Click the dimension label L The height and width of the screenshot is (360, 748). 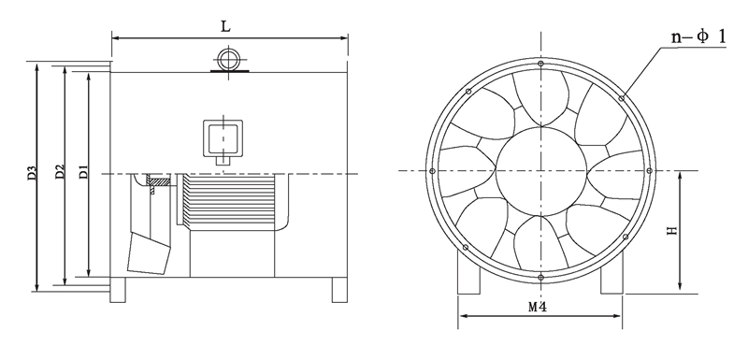coord(225,27)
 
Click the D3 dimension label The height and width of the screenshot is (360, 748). coord(32,173)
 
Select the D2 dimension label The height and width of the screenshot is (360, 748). coord(60,172)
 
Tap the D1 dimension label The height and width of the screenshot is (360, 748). coord(83,171)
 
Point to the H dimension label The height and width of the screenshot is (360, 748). coord(672,231)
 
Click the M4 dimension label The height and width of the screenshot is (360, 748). coord(537,307)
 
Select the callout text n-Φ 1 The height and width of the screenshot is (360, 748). coord(698,37)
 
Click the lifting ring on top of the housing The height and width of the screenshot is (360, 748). coord(229,60)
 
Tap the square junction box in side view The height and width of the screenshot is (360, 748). coord(223,138)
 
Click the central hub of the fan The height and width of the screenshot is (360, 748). coord(541,171)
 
